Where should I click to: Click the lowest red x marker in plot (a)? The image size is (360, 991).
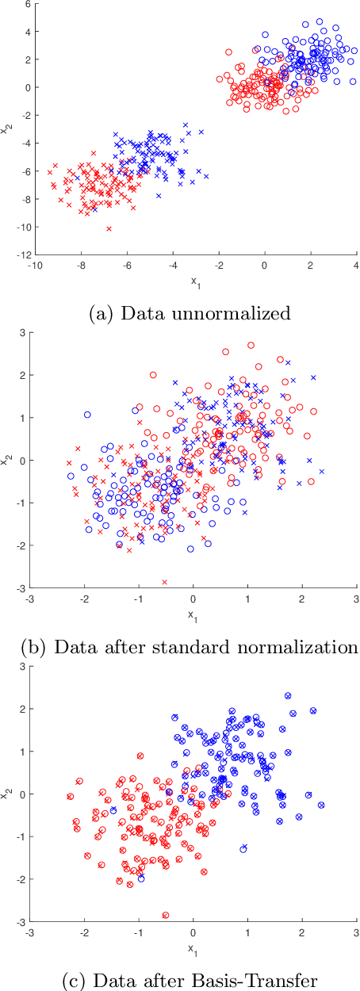coord(109,228)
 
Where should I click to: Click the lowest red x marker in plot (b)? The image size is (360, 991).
coord(165,582)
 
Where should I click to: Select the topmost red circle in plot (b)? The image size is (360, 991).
coord(251,345)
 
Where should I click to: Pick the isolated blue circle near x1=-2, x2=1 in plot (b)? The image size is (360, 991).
coord(87,415)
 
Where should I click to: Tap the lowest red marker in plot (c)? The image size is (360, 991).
coord(165,915)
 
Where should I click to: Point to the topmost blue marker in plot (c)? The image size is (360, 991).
coord(288,696)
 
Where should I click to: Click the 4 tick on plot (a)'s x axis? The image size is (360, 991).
coord(356,266)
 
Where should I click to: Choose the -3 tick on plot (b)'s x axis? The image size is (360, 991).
coord(30,599)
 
